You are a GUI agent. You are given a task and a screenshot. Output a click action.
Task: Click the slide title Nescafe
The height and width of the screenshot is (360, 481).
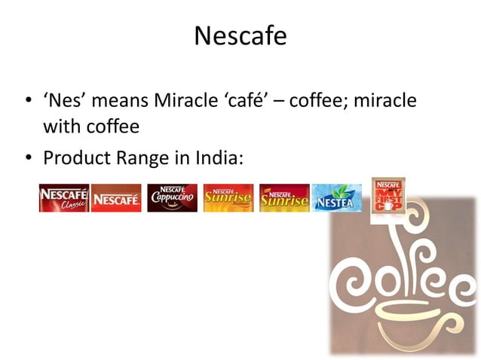[240, 35]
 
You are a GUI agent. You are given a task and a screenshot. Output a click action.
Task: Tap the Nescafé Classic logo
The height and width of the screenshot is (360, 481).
[64, 198]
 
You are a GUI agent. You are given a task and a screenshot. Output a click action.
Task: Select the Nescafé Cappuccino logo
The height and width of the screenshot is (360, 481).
[172, 198]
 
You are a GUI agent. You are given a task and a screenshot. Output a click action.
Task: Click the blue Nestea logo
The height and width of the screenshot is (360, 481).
[336, 198]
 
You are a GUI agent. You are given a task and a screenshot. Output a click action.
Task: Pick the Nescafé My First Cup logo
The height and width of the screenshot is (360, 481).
[388, 195]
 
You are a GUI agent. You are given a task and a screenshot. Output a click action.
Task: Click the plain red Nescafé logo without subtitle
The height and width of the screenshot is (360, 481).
[116, 199]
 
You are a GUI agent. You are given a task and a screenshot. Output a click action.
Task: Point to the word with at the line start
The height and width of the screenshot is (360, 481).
[60, 127]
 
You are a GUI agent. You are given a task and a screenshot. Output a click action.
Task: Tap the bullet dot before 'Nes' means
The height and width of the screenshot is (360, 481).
[27, 101]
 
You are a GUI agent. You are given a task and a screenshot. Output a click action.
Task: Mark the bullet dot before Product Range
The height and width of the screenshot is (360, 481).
[27, 160]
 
